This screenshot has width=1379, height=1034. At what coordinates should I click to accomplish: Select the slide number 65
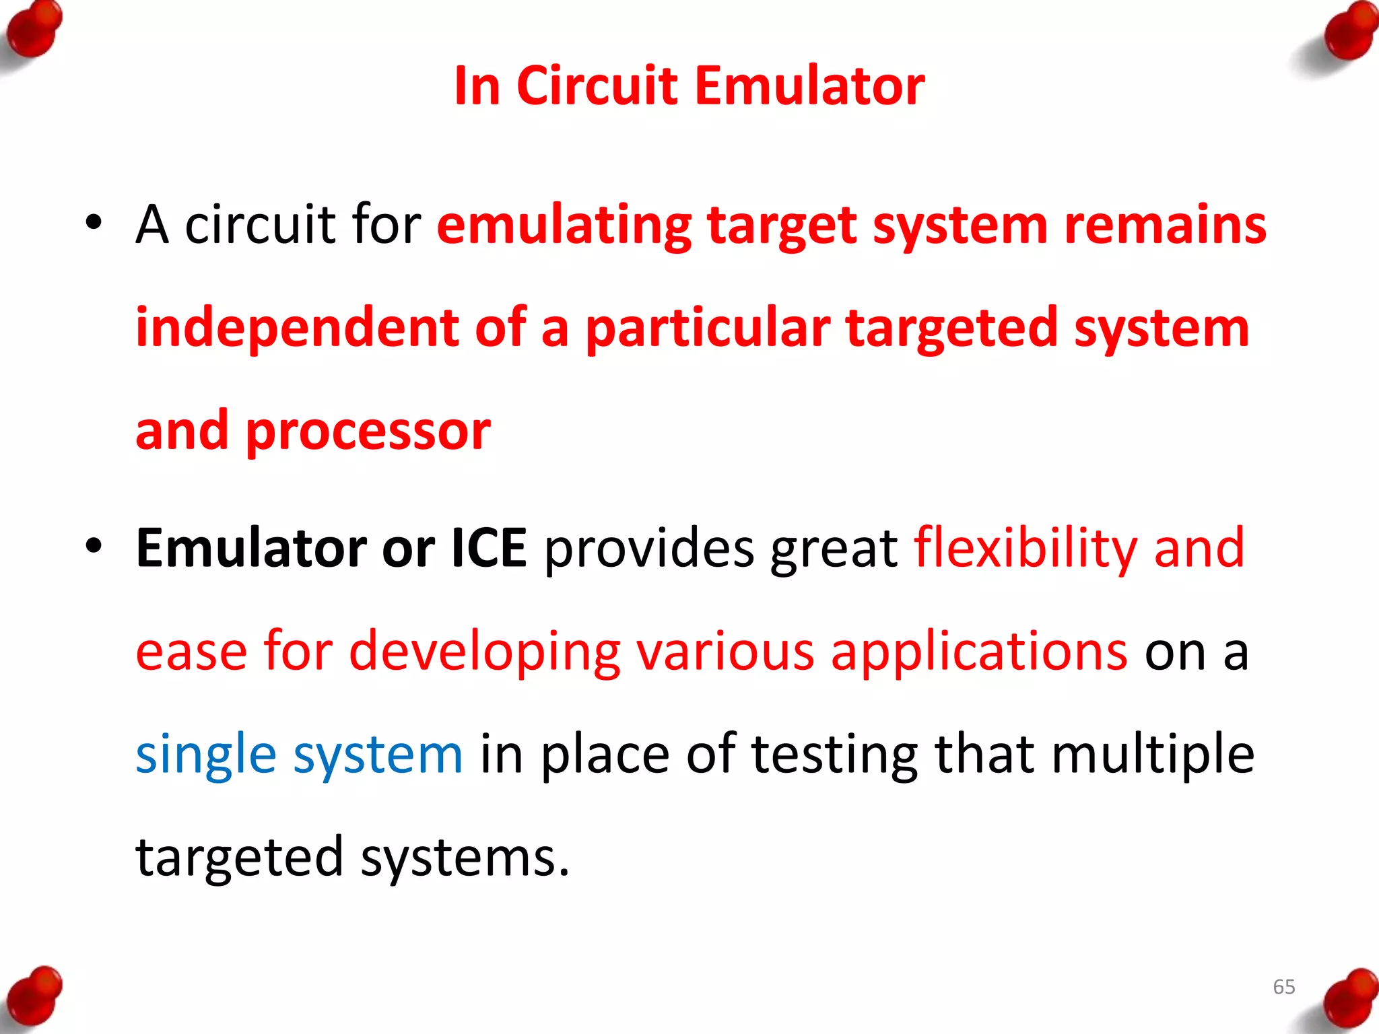[x=1283, y=987]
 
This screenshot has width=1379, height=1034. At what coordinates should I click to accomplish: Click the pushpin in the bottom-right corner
[x=1349, y=999]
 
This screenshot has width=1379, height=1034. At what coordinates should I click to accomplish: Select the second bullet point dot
[x=94, y=546]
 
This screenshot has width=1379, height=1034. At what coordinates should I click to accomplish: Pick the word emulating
[x=564, y=226]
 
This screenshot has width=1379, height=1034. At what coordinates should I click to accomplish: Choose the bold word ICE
[x=488, y=548]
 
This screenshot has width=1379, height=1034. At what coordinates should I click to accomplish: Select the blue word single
[x=206, y=755]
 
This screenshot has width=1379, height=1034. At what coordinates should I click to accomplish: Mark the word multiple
[x=1153, y=754]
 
